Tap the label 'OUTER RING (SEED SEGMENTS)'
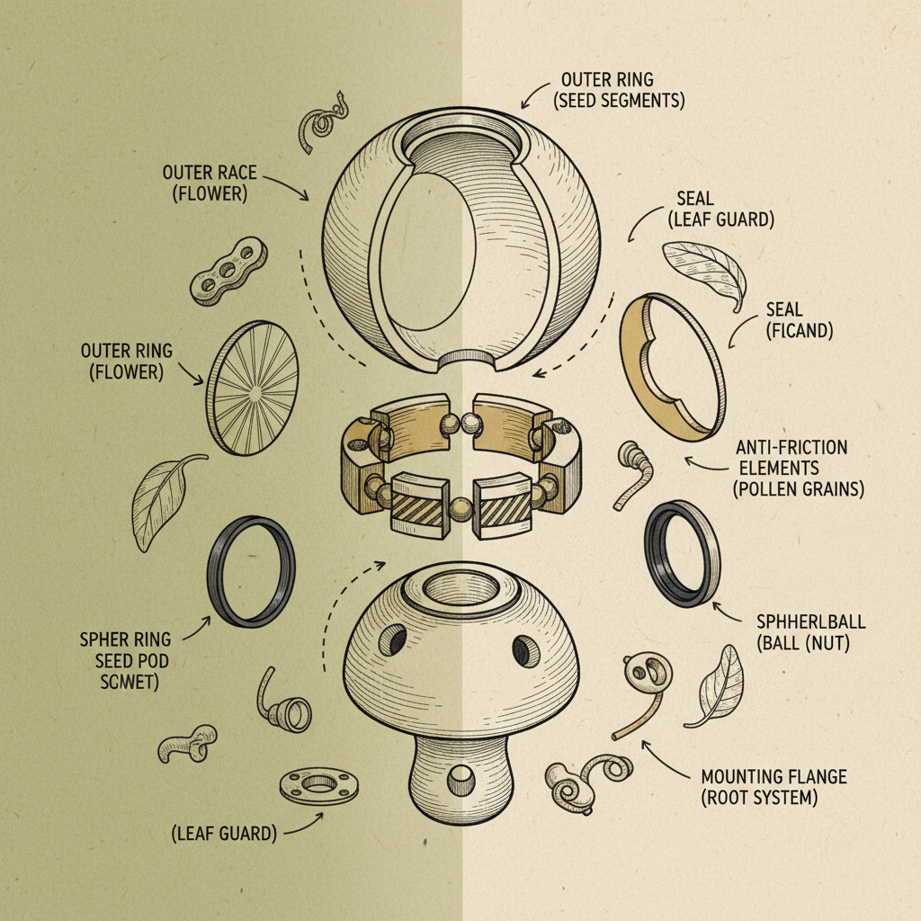(621, 90)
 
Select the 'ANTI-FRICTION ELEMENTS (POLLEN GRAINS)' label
(791, 467)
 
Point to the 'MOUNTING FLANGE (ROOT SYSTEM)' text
(773, 786)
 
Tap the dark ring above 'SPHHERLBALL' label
(682, 553)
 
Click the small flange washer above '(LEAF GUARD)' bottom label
(319, 784)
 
